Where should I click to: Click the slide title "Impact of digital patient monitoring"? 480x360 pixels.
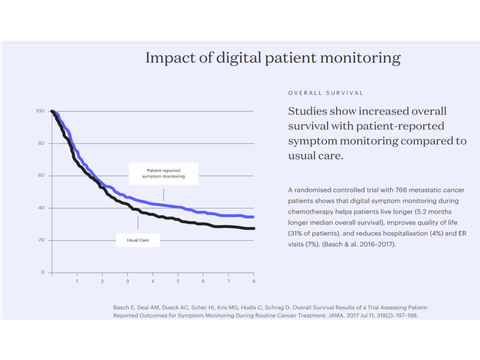tap(273, 58)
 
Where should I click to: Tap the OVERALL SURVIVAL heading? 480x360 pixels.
tap(326, 93)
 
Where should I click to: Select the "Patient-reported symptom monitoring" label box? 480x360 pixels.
tap(164, 173)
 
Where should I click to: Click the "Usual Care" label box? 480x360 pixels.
tap(138, 240)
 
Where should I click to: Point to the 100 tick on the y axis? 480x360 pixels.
tap(40, 111)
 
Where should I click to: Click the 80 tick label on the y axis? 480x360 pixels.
tap(41, 143)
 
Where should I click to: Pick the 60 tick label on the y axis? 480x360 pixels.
tap(41, 175)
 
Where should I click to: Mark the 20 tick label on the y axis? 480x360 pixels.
tap(41, 240)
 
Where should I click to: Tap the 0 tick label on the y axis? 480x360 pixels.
tap(43, 272)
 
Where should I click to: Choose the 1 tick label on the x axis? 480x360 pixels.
tap(77, 281)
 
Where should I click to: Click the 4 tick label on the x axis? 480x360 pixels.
tap(153, 281)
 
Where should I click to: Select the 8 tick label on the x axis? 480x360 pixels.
tap(254, 281)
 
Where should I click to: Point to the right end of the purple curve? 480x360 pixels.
tap(253, 217)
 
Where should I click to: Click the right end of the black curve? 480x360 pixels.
tap(253, 228)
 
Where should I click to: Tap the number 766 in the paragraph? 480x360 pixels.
tap(401, 190)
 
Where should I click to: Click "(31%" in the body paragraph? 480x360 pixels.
tap(295, 234)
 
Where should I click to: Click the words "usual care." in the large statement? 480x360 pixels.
tap(316, 156)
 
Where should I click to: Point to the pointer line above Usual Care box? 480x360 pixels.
tap(138, 223)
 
